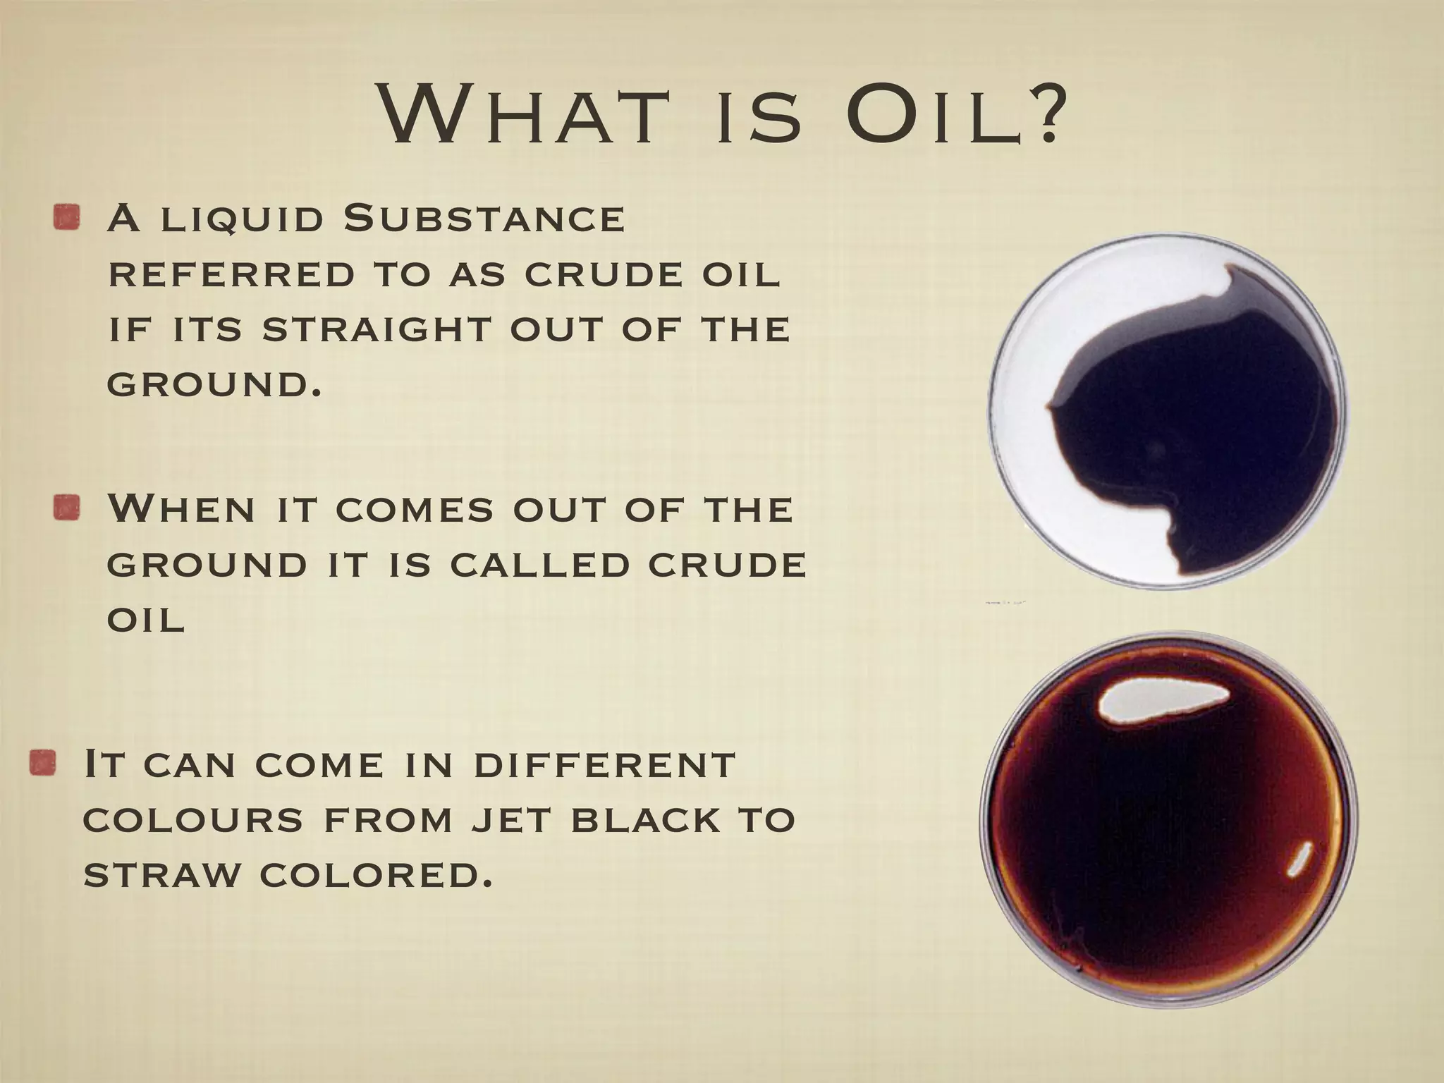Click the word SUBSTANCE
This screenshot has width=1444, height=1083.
(484, 219)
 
